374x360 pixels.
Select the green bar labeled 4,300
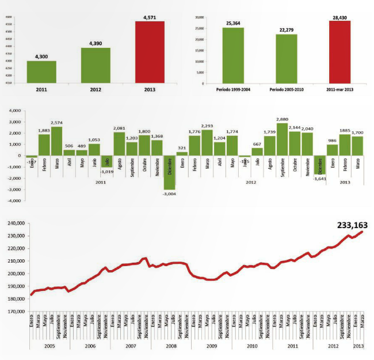coord(41,72)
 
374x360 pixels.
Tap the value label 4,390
coord(95,43)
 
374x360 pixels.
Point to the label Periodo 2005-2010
coord(286,91)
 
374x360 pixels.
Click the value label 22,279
coord(286,30)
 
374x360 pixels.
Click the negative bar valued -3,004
coord(169,172)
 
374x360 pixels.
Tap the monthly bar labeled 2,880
coord(282,139)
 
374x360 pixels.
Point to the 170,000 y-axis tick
coord(14,311)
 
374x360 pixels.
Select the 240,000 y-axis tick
coord(14,223)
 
